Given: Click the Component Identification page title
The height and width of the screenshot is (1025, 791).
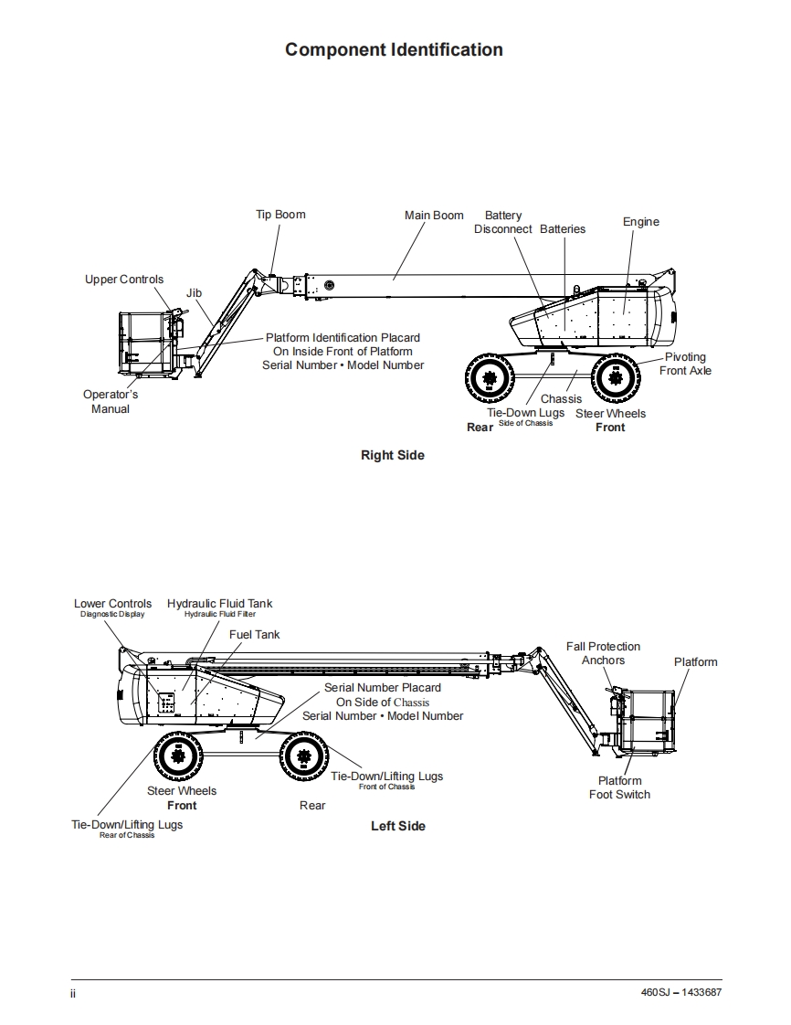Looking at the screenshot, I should tap(394, 50).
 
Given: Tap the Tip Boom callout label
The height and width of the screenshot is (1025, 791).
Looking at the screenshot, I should tap(280, 215).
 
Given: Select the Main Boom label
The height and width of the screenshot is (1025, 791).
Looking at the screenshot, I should tap(434, 216).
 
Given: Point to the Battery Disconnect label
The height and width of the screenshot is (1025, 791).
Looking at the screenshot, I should tap(503, 223).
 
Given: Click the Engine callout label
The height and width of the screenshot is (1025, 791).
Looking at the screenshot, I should tap(640, 222).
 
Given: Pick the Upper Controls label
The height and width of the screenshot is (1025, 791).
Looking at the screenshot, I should tap(124, 280).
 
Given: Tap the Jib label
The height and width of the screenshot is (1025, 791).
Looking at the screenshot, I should tap(194, 293).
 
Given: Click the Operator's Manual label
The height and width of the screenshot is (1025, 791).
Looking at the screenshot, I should tap(111, 402).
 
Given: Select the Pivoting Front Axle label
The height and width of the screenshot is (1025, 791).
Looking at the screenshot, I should tap(685, 364).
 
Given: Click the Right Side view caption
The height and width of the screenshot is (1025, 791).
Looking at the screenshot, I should tap(392, 455).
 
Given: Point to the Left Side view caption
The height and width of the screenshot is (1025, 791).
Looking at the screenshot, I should tap(397, 826).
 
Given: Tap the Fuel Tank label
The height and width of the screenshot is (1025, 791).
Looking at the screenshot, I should tap(254, 634).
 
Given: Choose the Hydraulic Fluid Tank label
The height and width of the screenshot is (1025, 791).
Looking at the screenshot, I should tap(219, 604).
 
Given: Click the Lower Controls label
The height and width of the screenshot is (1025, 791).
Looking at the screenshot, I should tap(113, 604).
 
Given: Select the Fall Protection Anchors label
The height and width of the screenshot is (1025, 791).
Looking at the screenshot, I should tap(603, 653).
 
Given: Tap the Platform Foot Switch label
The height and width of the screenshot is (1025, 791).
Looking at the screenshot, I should tap(619, 787).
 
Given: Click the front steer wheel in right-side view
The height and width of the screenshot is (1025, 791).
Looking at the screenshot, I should tap(615, 376).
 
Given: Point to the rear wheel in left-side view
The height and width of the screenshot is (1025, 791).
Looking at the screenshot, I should tap(304, 756).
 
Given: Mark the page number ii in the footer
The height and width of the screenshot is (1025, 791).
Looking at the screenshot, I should tap(73, 993).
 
